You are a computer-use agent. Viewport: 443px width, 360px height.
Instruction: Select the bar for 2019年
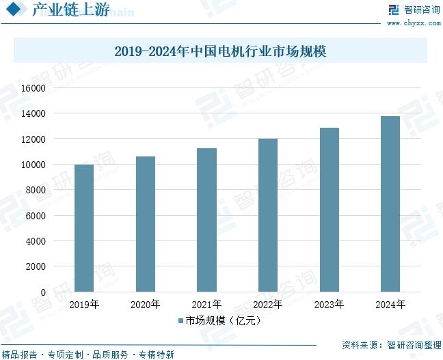tap(84, 228)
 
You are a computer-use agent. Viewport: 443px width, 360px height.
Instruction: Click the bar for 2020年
tap(145, 224)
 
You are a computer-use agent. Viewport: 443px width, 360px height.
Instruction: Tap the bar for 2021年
tap(206, 220)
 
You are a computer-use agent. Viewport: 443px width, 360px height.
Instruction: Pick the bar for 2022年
tap(268, 215)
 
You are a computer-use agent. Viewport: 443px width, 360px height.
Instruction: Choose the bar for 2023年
tap(329, 210)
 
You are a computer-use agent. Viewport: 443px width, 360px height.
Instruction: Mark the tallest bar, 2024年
tap(390, 204)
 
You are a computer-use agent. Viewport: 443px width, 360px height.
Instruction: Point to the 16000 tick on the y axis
tap(33, 88)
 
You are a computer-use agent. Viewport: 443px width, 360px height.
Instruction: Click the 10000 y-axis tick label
tap(33, 165)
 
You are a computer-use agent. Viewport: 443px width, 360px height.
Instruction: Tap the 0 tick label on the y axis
tap(42, 292)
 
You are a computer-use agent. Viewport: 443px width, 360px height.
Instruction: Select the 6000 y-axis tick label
tap(36, 216)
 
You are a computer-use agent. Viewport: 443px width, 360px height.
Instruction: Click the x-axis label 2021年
tap(206, 305)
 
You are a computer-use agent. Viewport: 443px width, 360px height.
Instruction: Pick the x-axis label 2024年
tap(390, 305)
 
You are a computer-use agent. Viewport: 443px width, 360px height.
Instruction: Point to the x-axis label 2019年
tap(84, 305)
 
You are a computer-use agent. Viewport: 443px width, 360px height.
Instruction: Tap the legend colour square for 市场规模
tap(180, 320)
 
